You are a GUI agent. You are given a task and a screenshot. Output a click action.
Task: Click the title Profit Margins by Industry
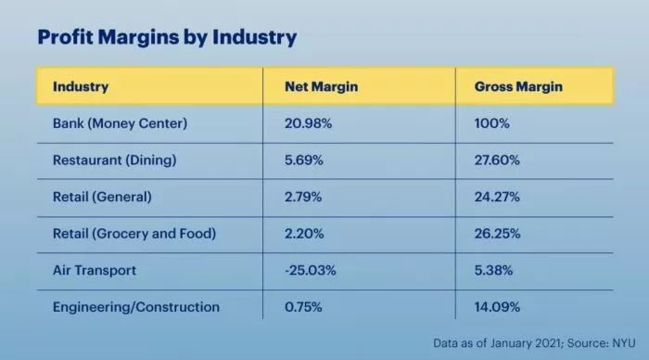click(166, 37)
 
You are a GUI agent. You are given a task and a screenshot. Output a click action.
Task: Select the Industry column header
click(81, 87)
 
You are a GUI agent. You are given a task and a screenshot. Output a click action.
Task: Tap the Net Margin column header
click(321, 87)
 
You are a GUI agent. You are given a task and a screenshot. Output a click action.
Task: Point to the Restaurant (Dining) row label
click(114, 160)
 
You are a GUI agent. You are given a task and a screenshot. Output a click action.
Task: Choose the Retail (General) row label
click(103, 196)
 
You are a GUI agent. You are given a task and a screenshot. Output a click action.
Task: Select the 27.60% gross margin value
click(497, 160)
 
